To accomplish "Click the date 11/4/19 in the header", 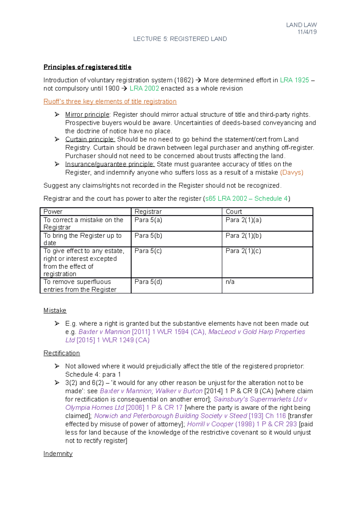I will coord(307,32).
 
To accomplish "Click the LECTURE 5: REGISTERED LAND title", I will coord(180,39).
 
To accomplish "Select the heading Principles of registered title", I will coord(87,67).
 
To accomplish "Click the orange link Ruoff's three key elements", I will coord(110,102).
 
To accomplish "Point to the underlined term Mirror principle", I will coord(87,115).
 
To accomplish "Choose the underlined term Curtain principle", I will coord(90,139).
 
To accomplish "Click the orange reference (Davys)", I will coord(292,173).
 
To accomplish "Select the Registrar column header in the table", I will coord(148,212).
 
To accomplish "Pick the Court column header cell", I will coord(234,212).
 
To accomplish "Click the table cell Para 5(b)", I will coord(148,236).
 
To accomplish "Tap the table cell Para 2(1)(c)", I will coord(243,251).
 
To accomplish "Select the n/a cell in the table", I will coord(230,282).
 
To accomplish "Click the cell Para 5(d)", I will coord(148,282).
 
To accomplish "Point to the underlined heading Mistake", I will coord(55,311).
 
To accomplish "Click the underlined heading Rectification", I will coord(61,353).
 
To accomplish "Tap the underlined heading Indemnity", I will coord(58,454).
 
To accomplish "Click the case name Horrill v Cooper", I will coord(210,424).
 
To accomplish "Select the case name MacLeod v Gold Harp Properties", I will coord(256,332).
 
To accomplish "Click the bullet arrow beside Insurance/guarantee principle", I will coord(57,164).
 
